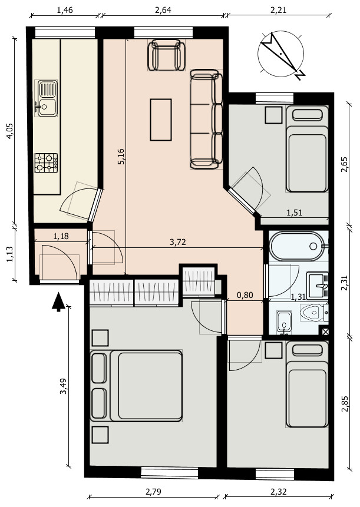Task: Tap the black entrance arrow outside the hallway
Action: click(x=58, y=301)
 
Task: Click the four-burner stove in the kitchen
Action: click(x=46, y=162)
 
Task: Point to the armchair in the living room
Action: click(x=166, y=54)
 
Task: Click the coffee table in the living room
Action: click(x=161, y=120)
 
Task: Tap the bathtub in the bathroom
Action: click(x=296, y=246)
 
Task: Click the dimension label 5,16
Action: click(x=121, y=157)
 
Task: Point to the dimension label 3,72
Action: click(x=178, y=241)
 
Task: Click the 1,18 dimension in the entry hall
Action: click(x=61, y=237)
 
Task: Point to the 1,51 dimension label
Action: click(x=294, y=213)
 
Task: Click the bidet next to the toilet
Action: click(x=284, y=322)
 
